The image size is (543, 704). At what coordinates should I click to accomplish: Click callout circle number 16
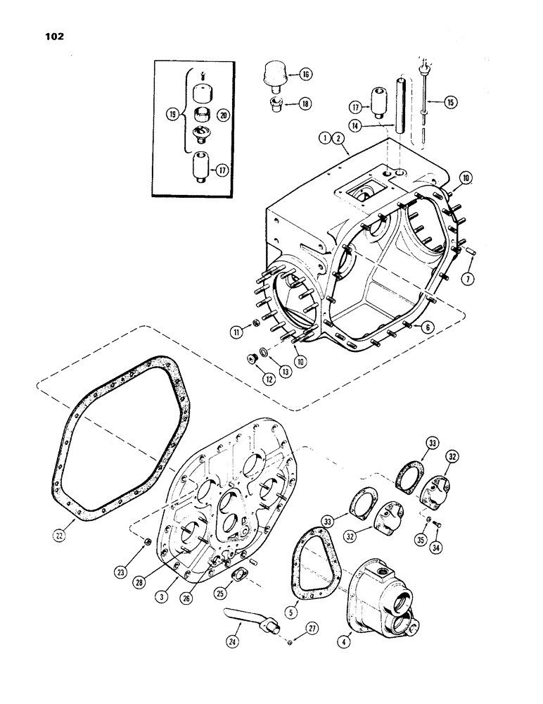pyautogui.click(x=307, y=74)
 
